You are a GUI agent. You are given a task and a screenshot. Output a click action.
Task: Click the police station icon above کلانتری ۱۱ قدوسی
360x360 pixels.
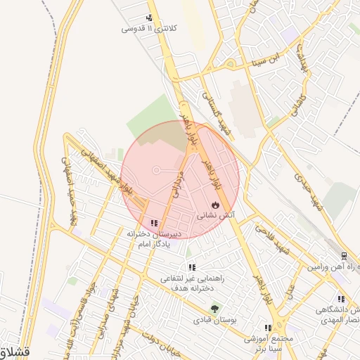pos(149,18)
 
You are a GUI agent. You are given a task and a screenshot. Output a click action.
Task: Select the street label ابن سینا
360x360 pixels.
pos(271,58)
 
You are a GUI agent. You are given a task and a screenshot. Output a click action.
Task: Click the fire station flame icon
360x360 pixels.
pos(214,205)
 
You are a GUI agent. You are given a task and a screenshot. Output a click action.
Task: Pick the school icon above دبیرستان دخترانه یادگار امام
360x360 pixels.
pos(154,223)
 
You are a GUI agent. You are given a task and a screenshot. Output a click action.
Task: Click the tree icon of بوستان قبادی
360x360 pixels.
pos(214,308)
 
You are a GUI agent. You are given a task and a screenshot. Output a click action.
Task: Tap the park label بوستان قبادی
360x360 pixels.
pos(214,319)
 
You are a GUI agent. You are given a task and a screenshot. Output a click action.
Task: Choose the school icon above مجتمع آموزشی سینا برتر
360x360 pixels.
pos(267,328)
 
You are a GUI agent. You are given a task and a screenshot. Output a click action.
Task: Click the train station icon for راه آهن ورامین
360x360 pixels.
pos(344,256)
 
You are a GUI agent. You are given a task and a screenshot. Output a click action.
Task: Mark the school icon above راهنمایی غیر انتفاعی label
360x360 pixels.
pos(191,267)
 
